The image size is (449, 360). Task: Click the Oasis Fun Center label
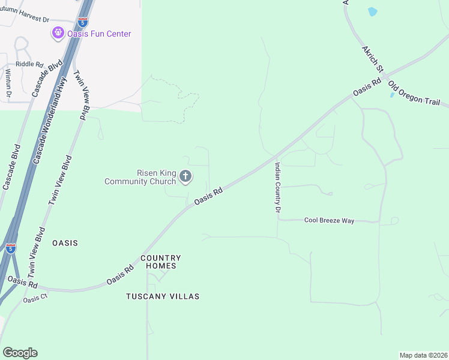click(100, 34)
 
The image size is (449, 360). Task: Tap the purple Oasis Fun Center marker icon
click(58, 33)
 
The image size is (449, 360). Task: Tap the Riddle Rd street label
click(30, 64)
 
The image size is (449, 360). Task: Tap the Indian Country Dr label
click(278, 187)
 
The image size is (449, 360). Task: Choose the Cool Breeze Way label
click(329, 221)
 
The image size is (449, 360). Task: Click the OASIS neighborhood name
click(65, 243)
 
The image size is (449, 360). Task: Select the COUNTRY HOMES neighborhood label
click(160, 262)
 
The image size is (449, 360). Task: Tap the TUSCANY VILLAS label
click(163, 296)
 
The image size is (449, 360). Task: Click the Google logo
click(20, 353)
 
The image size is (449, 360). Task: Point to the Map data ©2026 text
click(423, 355)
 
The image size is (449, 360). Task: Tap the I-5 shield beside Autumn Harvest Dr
click(83, 22)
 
